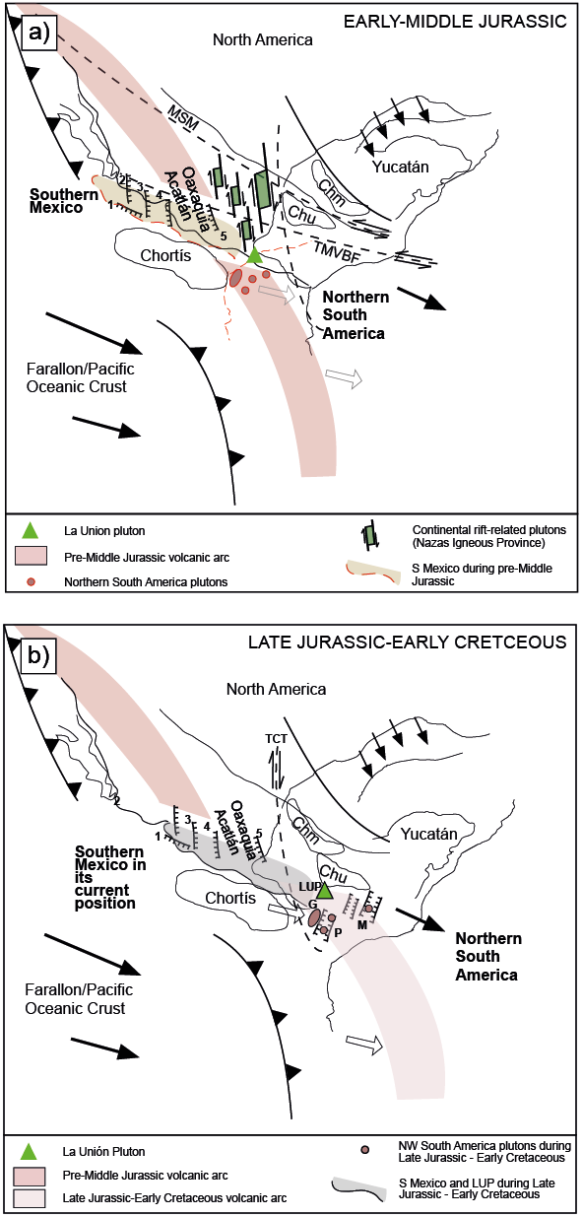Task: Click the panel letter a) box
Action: click(38, 33)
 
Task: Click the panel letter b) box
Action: click(38, 655)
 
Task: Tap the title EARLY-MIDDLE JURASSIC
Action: click(455, 22)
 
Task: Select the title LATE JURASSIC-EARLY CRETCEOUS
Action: click(407, 642)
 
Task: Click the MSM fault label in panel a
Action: click(183, 117)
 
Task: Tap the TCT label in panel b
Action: click(276, 738)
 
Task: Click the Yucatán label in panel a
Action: click(400, 167)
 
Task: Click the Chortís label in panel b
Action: click(230, 898)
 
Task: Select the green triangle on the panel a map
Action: click(255, 255)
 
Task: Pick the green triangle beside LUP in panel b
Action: click(325, 891)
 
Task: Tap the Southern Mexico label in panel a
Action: click(64, 201)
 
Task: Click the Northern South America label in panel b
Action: click(488, 956)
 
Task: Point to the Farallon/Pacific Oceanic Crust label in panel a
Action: click(81, 377)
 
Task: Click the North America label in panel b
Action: click(276, 689)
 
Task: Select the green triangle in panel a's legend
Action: click(32, 530)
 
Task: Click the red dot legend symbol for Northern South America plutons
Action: click(32, 581)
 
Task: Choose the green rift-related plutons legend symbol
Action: click(371, 535)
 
